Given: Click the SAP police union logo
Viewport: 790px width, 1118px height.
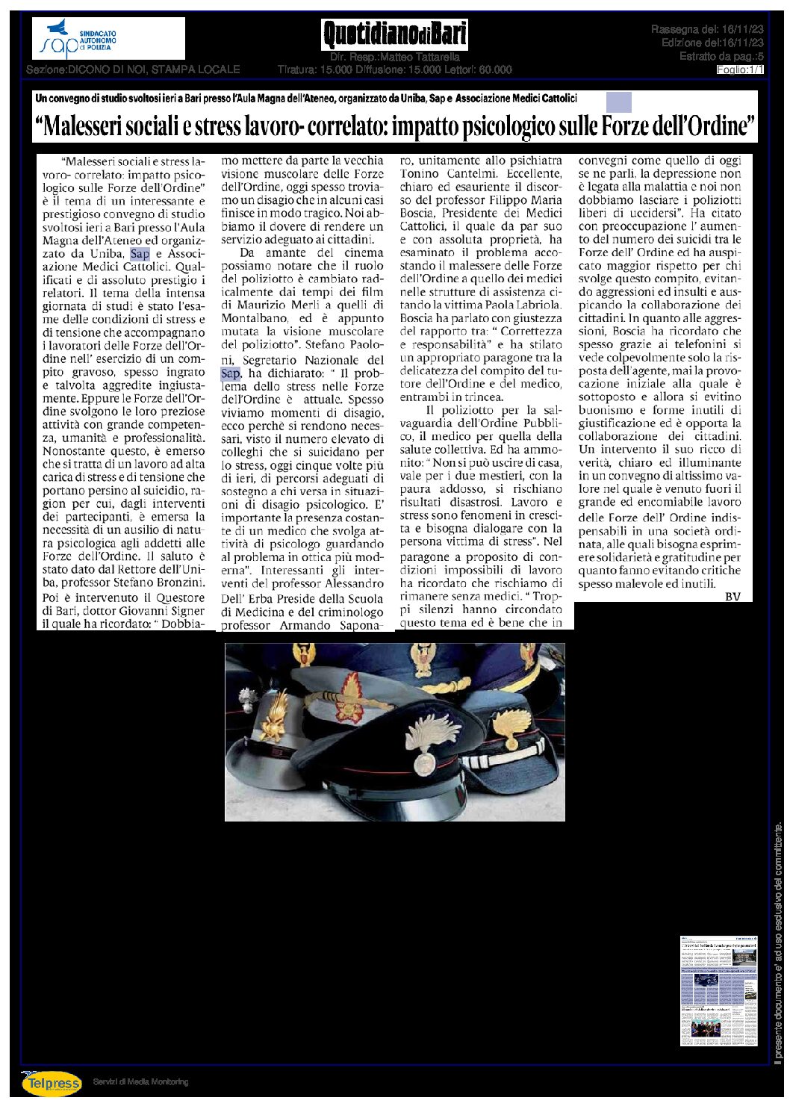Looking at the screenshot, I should (108, 39).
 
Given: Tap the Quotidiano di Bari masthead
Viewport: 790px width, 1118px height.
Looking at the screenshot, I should (395, 34).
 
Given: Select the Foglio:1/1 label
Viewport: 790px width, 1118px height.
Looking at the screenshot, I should (740, 69).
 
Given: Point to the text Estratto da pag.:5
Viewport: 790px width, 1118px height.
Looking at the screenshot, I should (721, 57).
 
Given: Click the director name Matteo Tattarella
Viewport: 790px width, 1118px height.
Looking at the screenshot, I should (420, 57).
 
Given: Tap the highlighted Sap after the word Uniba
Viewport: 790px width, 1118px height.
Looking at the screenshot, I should (140, 254).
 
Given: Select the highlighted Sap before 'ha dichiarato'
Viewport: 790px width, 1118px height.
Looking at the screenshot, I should (230, 373).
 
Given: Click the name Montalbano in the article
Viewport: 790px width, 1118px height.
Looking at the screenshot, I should (254, 318).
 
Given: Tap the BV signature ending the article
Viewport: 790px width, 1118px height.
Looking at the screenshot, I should (733, 596).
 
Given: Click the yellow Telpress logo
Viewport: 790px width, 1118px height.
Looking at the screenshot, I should (52, 1082).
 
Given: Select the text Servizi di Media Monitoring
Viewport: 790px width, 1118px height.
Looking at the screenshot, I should (140, 1082).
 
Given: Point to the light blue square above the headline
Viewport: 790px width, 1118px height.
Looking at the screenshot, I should (618, 102).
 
